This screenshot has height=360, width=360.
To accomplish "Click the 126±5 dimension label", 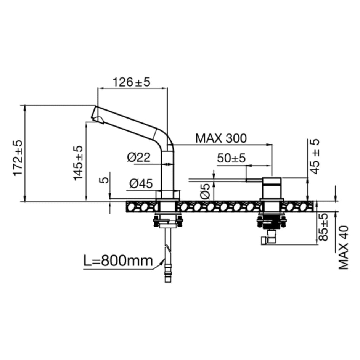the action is click(x=131, y=82).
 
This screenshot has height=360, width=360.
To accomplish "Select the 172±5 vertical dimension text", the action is click(x=18, y=158).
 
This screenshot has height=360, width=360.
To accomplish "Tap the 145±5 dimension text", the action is click(x=78, y=163).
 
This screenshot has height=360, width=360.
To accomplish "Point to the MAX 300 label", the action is click(x=221, y=138).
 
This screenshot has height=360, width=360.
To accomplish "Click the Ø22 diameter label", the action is click(x=139, y=157).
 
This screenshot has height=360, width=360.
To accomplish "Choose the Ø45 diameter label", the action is click(x=141, y=183).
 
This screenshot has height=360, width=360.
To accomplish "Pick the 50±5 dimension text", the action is click(x=231, y=158).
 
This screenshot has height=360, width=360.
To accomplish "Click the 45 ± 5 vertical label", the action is click(x=315, y=156).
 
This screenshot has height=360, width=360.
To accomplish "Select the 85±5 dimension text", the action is click(x=323, y=227).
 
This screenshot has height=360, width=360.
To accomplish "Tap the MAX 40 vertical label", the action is click(x=344, y=248).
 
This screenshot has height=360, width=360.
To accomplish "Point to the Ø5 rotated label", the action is click(x=205, y=191).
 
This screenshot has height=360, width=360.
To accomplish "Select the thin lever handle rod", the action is click(x=254, y=180).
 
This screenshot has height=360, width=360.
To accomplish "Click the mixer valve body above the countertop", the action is click(x=272, y=188).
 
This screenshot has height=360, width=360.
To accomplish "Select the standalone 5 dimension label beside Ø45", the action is click(x=105, y=179).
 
